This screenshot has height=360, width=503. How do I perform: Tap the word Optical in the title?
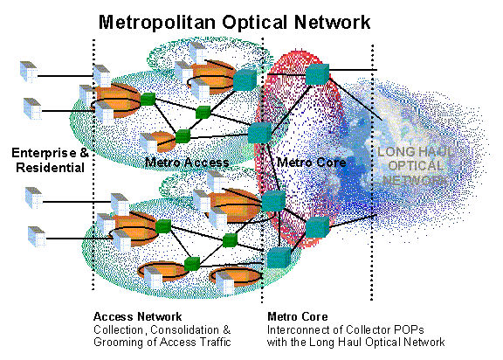pyautogui.click(x=254, y=23)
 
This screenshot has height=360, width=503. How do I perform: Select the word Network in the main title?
pyautogui.click(x=332, y=23)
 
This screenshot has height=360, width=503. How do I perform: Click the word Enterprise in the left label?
pyautogui.click(x=44, y=153)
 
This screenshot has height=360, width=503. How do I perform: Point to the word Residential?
pyautogui.click(x=50, y=168)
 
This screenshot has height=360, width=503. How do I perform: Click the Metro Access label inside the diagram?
pyautogui.click(x=187, y=163)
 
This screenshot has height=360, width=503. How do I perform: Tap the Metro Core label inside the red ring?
pyautogui.click(x=312, y=163)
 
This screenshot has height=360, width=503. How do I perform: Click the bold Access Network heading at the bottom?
pyautogui.click(x=137, y=316)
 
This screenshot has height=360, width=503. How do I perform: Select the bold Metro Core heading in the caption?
pyautogui.click(x=298, y=316)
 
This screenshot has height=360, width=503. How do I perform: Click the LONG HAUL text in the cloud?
pyautogui.click(x=416, y=151)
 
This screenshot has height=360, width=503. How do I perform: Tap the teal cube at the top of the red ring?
pyautogui.click(x=317, y=74)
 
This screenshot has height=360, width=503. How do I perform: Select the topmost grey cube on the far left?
pyautogui.click(x=29, y=72)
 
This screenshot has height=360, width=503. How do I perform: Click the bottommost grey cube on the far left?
pyautogui.click(x=37, y=237)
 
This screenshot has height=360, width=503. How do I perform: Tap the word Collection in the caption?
pyautogui.click(x=119, y=330)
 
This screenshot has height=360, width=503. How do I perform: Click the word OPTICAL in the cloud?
pyautogui.click(x=416, y=166)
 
